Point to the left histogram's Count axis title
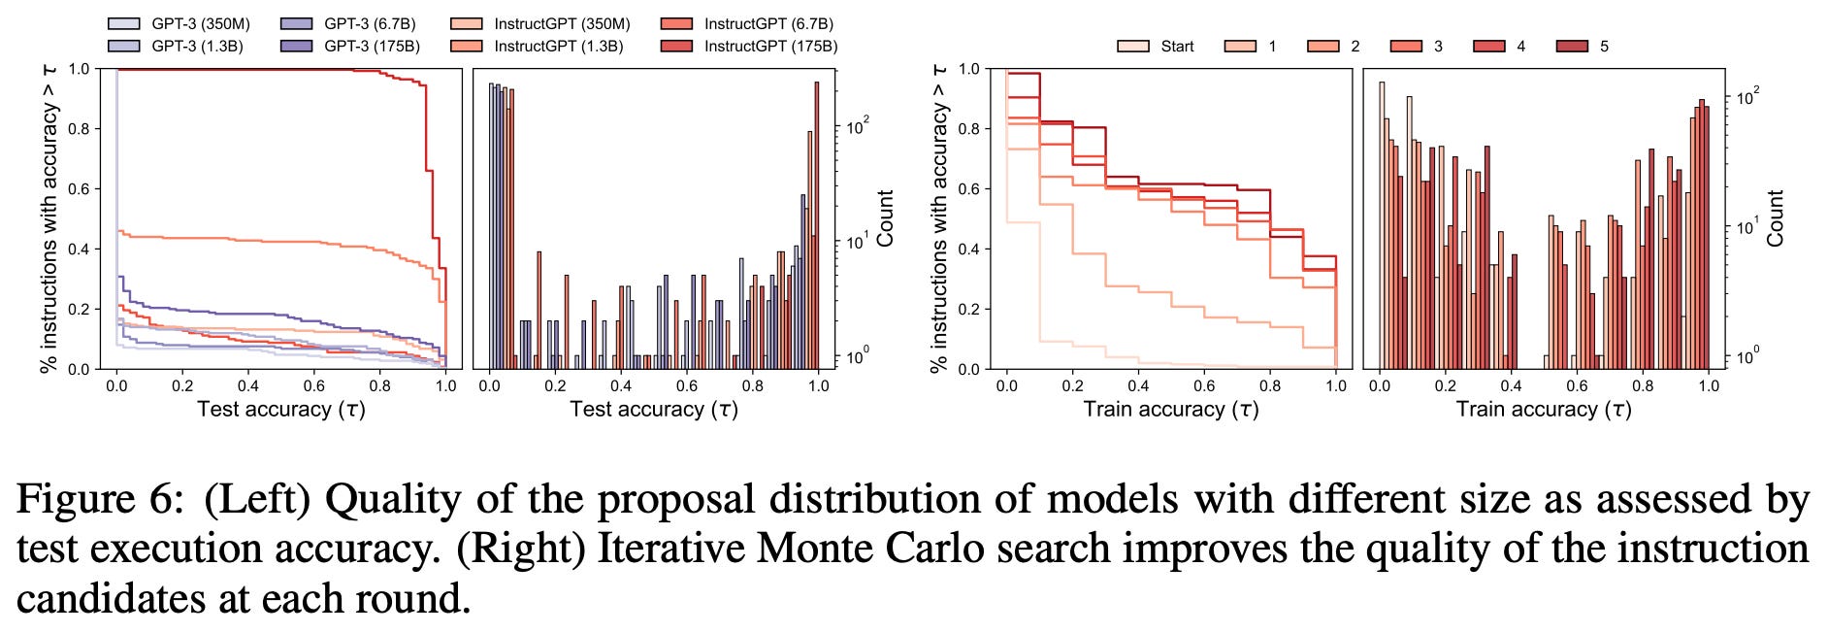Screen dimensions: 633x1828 click(x=886, y=217)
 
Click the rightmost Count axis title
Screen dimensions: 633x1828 click(x=1776, y=217)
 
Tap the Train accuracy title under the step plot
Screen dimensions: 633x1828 click(x=1170, y=409)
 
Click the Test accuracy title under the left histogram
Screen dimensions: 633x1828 click(x=653, y=409)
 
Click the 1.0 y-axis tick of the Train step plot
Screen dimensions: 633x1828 click(x=968, y=69)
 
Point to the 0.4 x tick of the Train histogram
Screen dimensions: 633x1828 click(x=1511, y=385)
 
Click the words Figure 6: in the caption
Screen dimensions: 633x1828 click(x=100, y=500)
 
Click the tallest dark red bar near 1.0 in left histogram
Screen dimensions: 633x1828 click(x=817, y=223)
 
